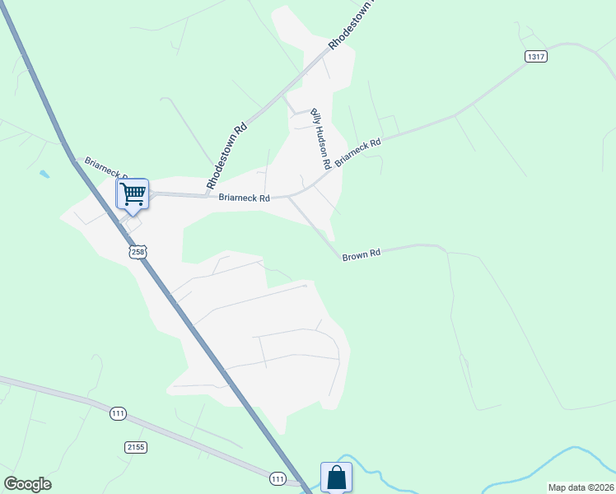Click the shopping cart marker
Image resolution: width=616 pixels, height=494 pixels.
pyautogui.click(x=132, y=194)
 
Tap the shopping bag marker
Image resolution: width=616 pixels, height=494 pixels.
pyautogui.click(x=336, y=477)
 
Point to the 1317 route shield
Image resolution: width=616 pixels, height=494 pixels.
pyautogui.click(x=535, y=56)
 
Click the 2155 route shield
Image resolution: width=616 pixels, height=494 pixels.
pyautogui.click(x=137, y=447)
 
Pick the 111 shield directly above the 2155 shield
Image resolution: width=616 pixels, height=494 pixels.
pyautogui.click(x=119, y=413)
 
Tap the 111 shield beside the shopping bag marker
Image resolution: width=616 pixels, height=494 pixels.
pyautogui.click(x=279, y=478)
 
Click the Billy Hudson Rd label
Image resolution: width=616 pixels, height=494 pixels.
pyautogui.click(x=320, y=138)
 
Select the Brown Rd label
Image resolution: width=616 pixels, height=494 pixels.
pyautogui.click(x=362, y=256)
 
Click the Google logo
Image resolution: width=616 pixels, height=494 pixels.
pyautogui.click(x=27, y=483)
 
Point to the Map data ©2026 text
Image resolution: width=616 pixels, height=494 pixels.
pyautogui.click(x=581, y=487)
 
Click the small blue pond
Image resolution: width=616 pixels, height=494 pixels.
pyautogui.click(x=43, y=175)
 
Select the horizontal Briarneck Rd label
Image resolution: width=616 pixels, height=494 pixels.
pyautogui.click(x=245, y=198)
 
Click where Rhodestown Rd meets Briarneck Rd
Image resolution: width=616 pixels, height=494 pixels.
pyautogui.click(x=206, y=196)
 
